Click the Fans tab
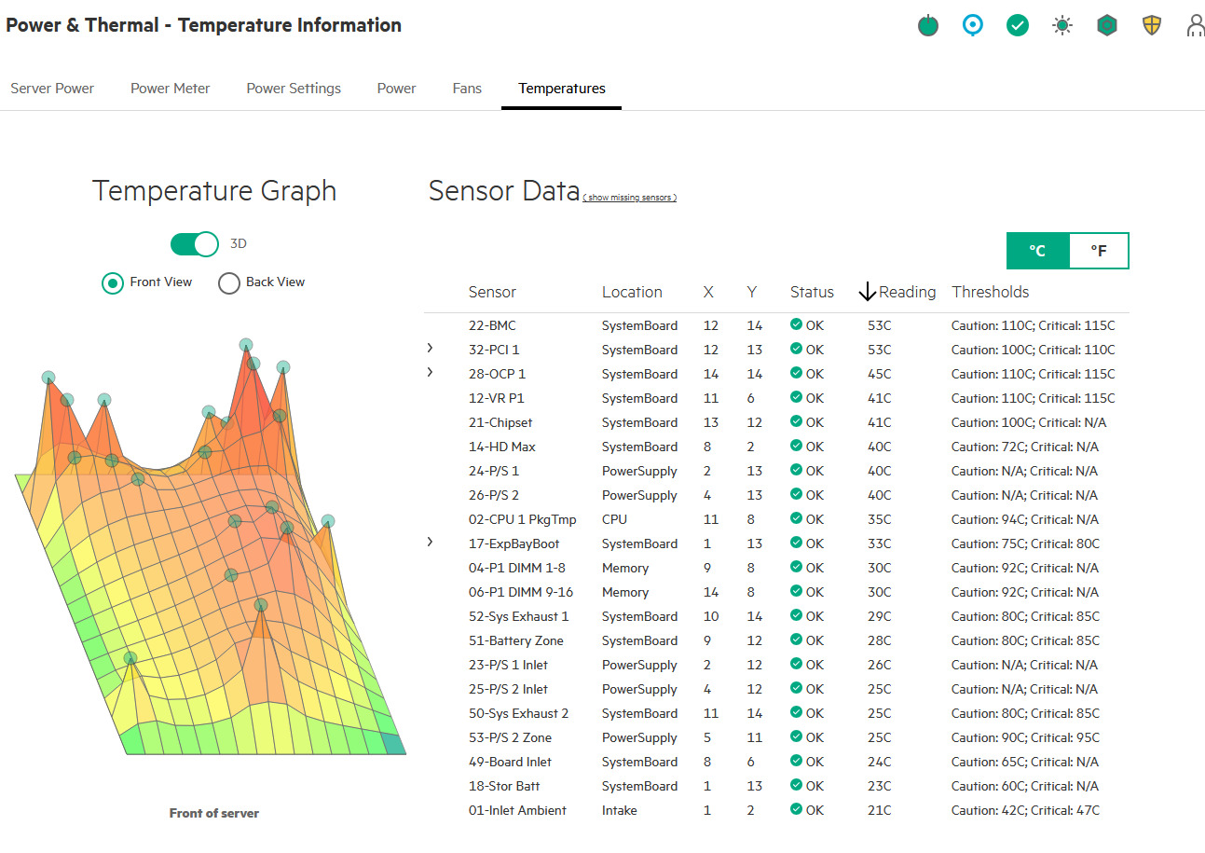(466, 89)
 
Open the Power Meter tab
(170, 89)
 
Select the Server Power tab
(52, 89)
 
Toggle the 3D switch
(194, 244)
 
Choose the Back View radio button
(229, 282)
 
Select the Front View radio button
(113, 282)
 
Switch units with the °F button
(1099, 251)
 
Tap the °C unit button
(1037, 251)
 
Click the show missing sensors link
(629, 198)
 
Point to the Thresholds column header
(990, 292)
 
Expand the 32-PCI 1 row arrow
(430, 349)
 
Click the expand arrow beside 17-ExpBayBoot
(430, 542)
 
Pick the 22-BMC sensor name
(492, 325)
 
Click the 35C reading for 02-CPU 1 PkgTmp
(879, 519)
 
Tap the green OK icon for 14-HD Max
(796, 445)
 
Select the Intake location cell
(619, 810)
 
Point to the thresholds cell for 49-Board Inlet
(1024, 762)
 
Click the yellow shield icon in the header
(1151, 25)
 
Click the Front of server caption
(214, 813)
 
